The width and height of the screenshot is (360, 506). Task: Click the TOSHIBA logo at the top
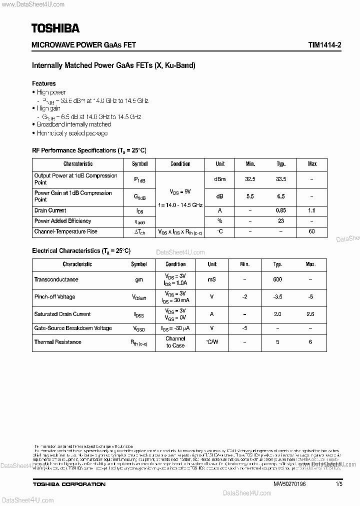point(55,28)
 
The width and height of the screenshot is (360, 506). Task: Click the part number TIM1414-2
point(317,44)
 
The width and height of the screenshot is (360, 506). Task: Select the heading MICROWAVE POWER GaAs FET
point(84,44)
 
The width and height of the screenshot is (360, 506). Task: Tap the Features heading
point(44,83)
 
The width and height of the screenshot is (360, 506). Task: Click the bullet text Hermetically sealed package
point(72,133)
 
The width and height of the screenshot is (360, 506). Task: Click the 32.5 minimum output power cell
point(250,179)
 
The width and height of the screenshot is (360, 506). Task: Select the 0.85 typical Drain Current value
point(281,210)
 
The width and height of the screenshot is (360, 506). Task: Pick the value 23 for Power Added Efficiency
point(281,221)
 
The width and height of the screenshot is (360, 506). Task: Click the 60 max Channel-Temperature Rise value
point(312,232)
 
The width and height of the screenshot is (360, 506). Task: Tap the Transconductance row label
point(56,279)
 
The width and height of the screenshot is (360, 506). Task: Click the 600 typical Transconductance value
point(277,279)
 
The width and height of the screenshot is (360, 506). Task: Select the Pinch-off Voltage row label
point(54,297)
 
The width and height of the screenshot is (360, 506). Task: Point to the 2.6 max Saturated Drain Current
point(310,314)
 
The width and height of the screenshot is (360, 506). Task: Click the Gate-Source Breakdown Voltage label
point(73,328)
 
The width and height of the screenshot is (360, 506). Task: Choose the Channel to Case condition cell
point(175,342)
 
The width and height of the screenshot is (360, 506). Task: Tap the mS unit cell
point(212,279)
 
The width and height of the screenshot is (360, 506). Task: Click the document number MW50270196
point(289,484)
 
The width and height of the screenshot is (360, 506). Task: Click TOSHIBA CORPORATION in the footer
point(69,484)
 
